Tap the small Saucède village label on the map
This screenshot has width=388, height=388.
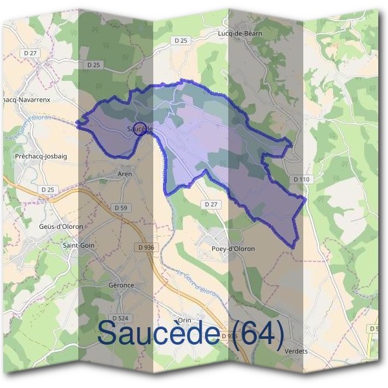tap(138, 129)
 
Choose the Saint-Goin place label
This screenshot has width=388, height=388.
tap(78, 246)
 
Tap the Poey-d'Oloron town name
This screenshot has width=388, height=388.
tap(234, 249)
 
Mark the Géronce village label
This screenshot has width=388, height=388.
tap(121, 285)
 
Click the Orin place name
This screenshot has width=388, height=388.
tap(186, 320)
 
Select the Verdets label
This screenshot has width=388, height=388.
tap(296, 351)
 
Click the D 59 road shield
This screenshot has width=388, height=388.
tap(121, 208)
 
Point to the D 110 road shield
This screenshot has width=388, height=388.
tap(302, 178)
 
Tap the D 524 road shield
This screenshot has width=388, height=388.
tap(119, 318)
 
